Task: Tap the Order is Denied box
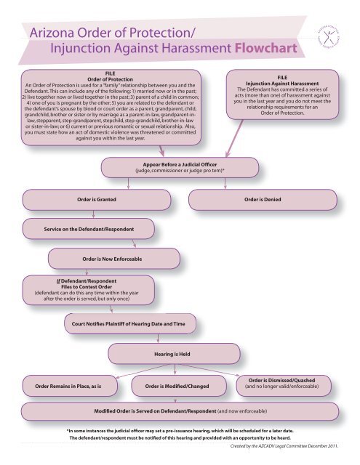(x=263, y=198)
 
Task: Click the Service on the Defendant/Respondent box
(x=89, y=230)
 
